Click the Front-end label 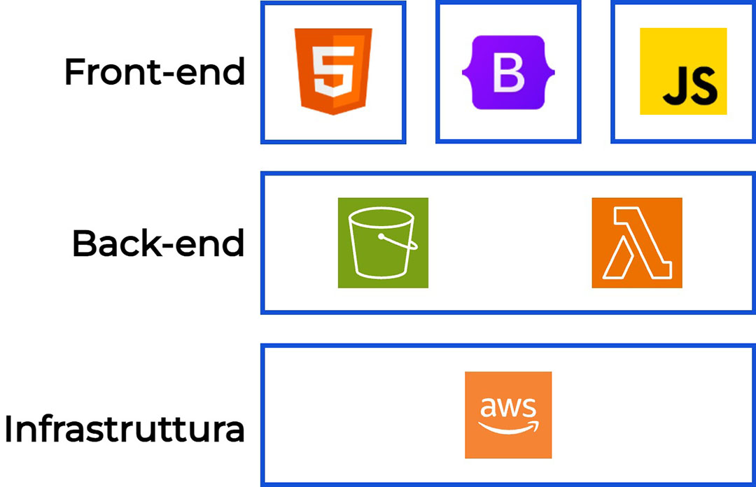[155, 72]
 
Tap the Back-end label [158, 243]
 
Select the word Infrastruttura [125, 430]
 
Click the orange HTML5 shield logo [333, 71]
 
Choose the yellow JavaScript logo [683, 71]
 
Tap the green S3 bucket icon [383, 243]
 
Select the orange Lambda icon [637, 243]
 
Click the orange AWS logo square [508, 415]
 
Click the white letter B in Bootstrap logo [508, 73]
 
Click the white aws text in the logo [508, 407]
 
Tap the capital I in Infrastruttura [10, 430]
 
